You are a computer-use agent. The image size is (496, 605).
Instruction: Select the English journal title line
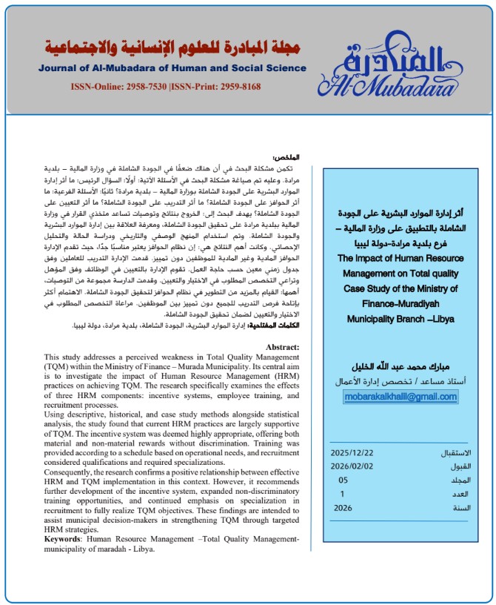pos(173,68)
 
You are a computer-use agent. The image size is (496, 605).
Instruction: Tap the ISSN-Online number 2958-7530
pos(141,87)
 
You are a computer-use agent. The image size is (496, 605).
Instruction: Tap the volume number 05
pos(343,480)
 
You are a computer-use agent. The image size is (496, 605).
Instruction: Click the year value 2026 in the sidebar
pos(343,508)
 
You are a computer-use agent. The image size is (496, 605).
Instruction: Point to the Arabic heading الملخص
pos(285,157)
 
